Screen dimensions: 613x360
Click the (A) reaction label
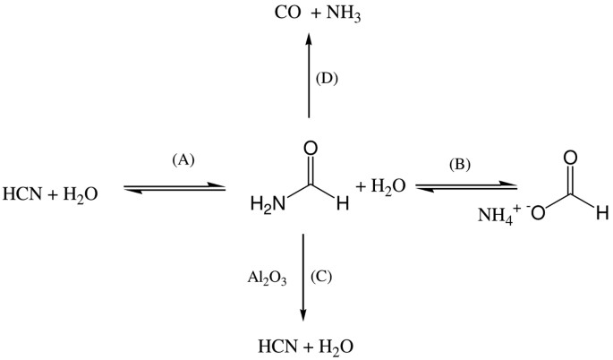183,160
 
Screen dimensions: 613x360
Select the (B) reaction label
459,165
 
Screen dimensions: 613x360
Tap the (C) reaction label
321,277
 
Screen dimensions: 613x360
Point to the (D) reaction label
327,79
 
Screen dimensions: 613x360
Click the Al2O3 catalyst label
267,279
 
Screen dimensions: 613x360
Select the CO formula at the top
288,13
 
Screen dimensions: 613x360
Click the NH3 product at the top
344,14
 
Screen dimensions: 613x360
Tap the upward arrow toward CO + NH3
309,75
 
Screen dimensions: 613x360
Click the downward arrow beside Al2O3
303,278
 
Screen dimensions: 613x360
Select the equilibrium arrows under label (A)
175,187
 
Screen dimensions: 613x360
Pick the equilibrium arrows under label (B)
466,187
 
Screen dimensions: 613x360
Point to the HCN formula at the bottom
278,346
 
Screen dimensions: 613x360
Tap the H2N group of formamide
268,204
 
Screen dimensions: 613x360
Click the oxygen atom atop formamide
311,149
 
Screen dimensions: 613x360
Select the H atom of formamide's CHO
343,204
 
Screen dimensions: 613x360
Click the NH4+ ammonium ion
498,214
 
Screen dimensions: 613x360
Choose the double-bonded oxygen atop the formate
570,159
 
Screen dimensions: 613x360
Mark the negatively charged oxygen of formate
536,212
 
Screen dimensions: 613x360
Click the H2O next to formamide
381,186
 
